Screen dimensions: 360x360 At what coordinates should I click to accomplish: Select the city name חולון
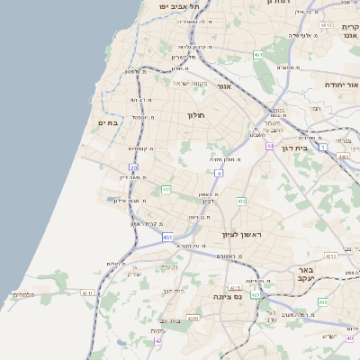pyautogui.click(x=197, y=115)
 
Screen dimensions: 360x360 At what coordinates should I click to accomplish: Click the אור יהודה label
pyautogui.click(x=341, y=84)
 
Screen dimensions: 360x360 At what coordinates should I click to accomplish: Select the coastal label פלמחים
pyautogui.click(x=24, y=294)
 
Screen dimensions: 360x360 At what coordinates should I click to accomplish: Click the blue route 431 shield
pyautogui.click(x=167, y=237)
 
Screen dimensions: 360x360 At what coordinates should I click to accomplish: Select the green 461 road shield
pyautogui.click(x=258, y=55)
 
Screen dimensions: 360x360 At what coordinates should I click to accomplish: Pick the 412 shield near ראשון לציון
pyautogui.click(x=241, y=202)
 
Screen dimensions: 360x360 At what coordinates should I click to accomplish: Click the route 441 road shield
pyautogui.click(x=166, y=189)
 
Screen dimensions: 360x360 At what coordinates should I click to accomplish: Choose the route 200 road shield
pyautogui.click(x=134, y=167)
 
